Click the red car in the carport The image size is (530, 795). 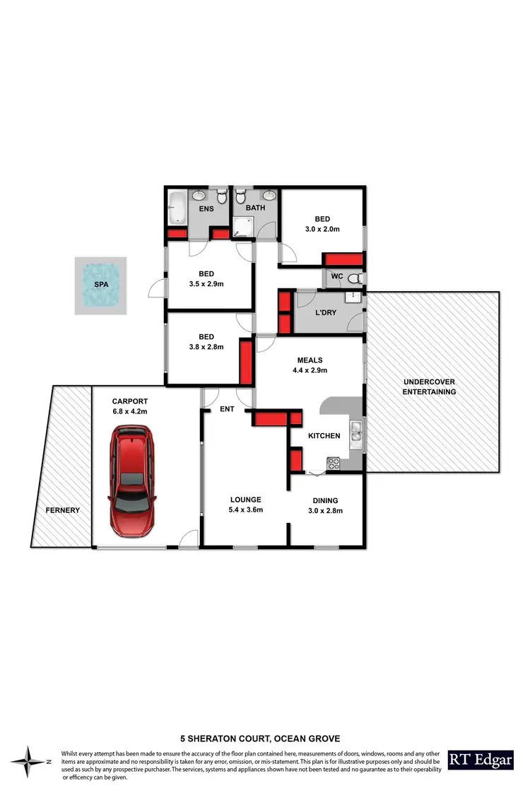[132, 481]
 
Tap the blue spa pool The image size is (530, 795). [102, 285]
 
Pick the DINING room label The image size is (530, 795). [327, 500]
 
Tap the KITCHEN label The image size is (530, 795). [324, 436]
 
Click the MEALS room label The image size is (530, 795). [310, 358]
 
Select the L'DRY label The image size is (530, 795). [325, 312]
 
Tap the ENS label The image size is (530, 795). [206, 208]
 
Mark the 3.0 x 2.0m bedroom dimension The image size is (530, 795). [322, 229]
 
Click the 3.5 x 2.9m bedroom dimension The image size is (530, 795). [206, 283]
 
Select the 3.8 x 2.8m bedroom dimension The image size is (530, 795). [206, 347]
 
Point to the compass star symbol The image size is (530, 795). [30, 762]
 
